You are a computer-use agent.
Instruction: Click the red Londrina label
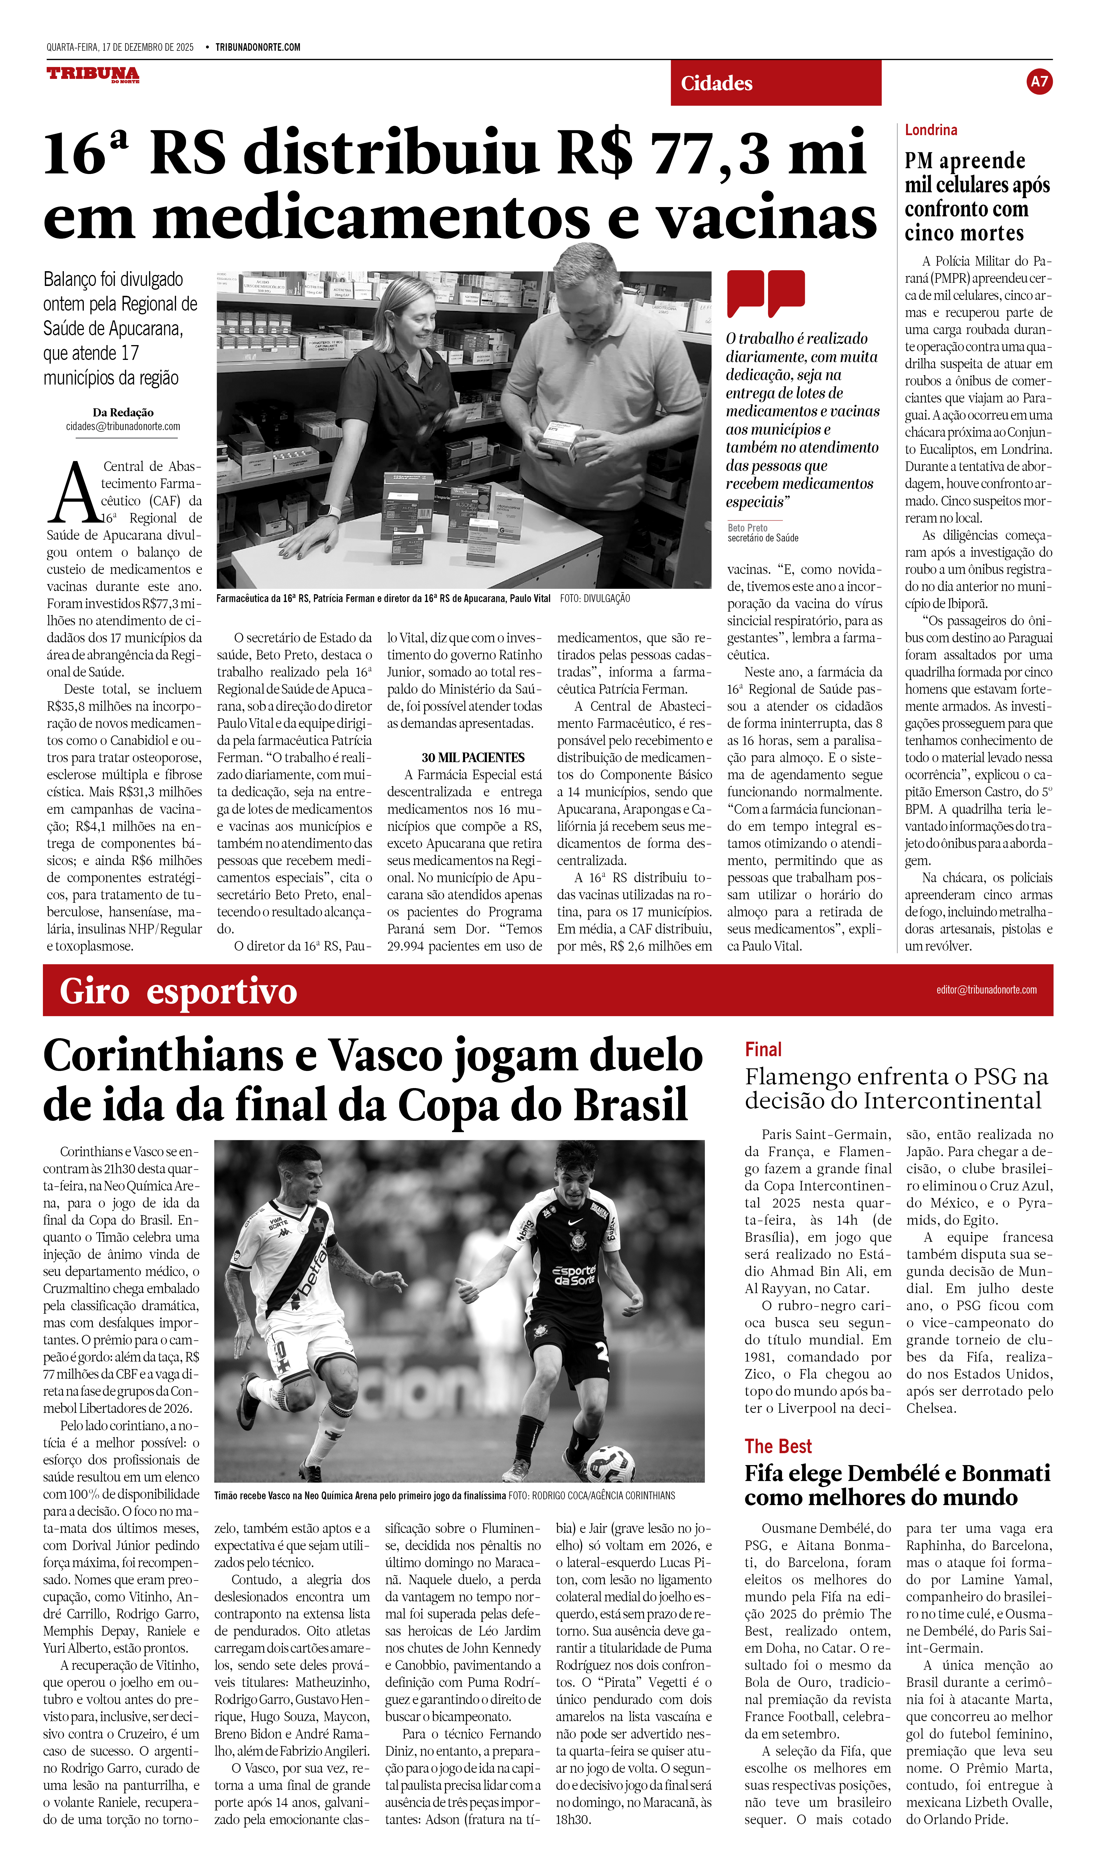pyautogui.click(x=931, y=130)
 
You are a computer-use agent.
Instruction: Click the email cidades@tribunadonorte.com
pyautogui.click(x=123, y=427)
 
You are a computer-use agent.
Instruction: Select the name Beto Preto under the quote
pyautogui.click(x=747, y=528)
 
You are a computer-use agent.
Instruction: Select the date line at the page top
pyautogui.click(x=120, y=48)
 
